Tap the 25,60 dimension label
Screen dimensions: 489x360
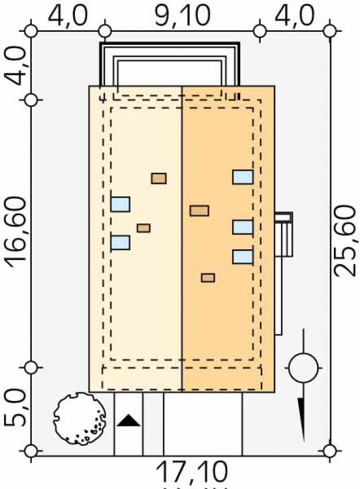click(x=345, y=240)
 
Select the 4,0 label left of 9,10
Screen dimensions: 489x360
click(x=68, y=15)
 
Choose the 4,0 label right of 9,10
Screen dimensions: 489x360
click(x=294, y=15)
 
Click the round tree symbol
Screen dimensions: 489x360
click(x=80, y=419)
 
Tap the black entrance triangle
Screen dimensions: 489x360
click(x=128, y=421)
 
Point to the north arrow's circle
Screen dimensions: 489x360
click(x=303, y=367)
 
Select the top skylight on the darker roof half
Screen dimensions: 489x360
click(x=242, y=177)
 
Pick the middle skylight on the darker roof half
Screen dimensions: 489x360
click(x=242, y=227)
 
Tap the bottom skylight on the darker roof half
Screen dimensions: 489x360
click(x=242, y=257)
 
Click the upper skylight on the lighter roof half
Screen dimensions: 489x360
click(x=120, y=204)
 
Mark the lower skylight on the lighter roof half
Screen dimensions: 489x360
click(x=120, y=243)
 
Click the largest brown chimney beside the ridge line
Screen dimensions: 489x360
click(x=199, y=211)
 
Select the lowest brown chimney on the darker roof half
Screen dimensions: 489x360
click(x=208, y=278)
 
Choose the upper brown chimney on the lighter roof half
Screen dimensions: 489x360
click(x=159, y=178)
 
